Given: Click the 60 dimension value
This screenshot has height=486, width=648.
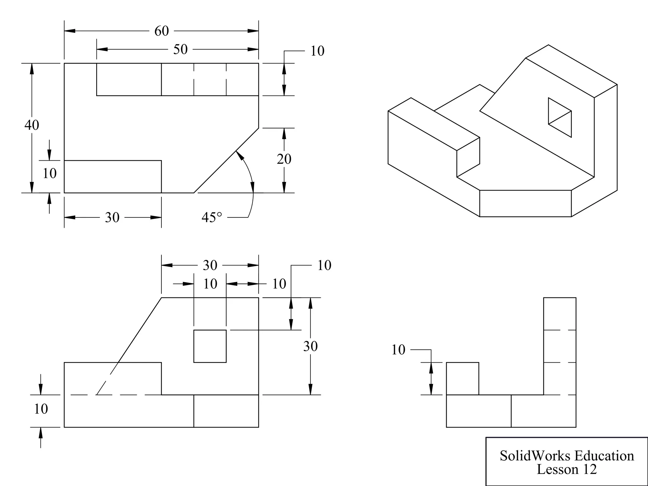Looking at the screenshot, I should (161, 31).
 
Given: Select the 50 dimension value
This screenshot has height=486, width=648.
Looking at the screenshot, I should (180, 49).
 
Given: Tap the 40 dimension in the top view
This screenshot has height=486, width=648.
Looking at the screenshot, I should (32, 125).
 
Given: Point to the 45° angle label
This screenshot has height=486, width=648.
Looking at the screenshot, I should (212, 217).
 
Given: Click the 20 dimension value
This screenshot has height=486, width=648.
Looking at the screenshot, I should (284, 159).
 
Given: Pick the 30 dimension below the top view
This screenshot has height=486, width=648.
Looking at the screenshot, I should (112, 217).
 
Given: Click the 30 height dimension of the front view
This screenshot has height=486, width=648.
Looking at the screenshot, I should (310, 346).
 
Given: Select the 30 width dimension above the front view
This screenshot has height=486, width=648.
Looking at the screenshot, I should (210, 265).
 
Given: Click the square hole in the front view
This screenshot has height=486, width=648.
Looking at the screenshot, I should (210, 346).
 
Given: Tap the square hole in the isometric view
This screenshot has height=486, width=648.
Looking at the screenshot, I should (559, 117).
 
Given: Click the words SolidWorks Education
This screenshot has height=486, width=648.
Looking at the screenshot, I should (567, 456).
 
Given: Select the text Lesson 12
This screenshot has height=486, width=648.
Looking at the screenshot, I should (567, 469).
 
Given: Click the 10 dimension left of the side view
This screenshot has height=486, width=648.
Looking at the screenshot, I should (398, 350).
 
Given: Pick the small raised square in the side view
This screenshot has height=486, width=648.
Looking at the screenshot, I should (462, 378).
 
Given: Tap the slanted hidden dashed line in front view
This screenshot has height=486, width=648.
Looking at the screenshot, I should (108, 378).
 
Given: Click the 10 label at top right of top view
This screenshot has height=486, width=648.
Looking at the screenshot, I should (317, 51).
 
